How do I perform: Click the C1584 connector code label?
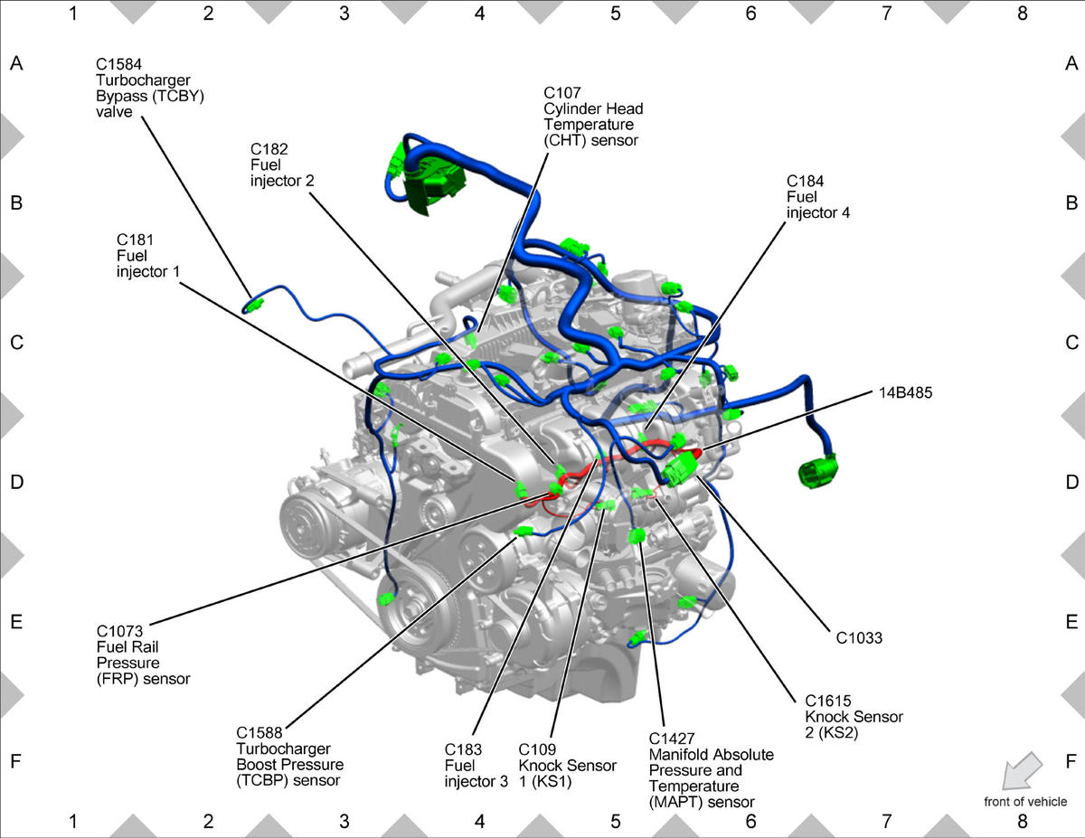pos(118,64)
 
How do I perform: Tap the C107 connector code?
pos(562,93)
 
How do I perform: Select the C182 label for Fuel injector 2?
pos(269,149)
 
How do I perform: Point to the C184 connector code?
pos(805,181)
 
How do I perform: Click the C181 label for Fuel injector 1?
pos(135,240)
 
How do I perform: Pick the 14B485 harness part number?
pos(905,393)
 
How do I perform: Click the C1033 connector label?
pos(859,638)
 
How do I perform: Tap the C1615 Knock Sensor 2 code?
pos(828,701)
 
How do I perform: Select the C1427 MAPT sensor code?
pos(672,739)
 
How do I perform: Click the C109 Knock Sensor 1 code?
pos(537,749)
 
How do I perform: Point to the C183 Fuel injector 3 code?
pos(463,749)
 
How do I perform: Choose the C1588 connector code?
pos(259,733)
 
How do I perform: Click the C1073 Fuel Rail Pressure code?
pos(119,631)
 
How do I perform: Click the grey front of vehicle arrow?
pos(1022,771)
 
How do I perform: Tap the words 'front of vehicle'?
pos(1025,802)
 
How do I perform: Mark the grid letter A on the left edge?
pos(16,63)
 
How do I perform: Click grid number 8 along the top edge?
pos(1022,14)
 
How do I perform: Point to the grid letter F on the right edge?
pos(1071,761)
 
